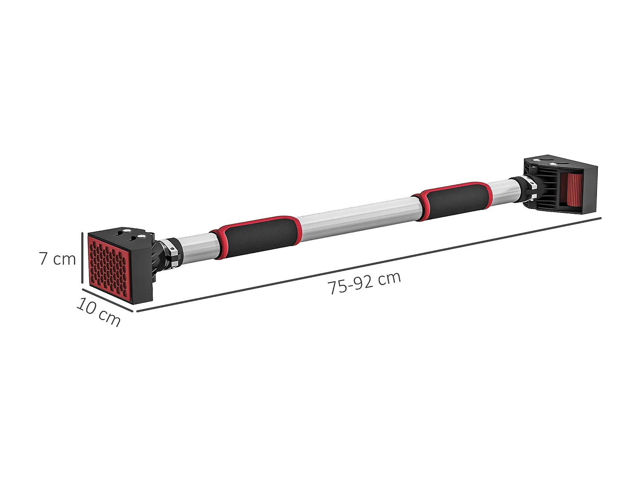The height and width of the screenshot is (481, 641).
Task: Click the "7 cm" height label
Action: coord(57,259)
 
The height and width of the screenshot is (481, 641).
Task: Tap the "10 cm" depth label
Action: coord(98,312)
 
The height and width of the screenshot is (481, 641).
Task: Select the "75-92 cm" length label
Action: coord(364,283)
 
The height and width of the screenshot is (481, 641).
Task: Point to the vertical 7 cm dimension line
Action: coord(82,257)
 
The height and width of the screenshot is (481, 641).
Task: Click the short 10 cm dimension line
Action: coord(107,300)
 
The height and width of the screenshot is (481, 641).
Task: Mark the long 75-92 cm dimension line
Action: coord(369,265)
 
